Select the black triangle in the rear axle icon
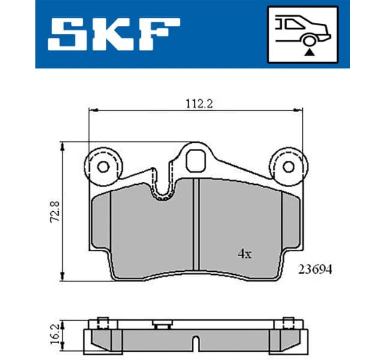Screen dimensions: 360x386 pyautogui.click(x=309, y=52)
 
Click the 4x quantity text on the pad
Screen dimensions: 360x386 pyautogui.click(x=245, y=254)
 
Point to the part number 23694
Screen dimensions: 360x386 pyautogui.click(x=315, y=270)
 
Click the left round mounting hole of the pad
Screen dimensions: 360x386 pyautogui.click(x=102, y=167)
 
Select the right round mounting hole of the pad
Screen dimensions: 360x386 pyautogui.click(x=288, y=167)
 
